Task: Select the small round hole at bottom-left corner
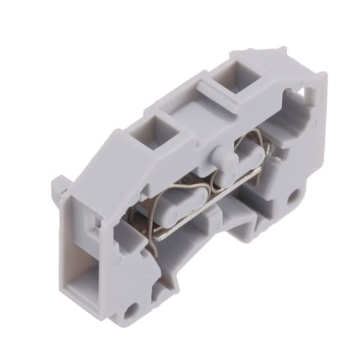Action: (x=134, y=308)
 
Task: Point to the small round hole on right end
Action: (x=294, y=197)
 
